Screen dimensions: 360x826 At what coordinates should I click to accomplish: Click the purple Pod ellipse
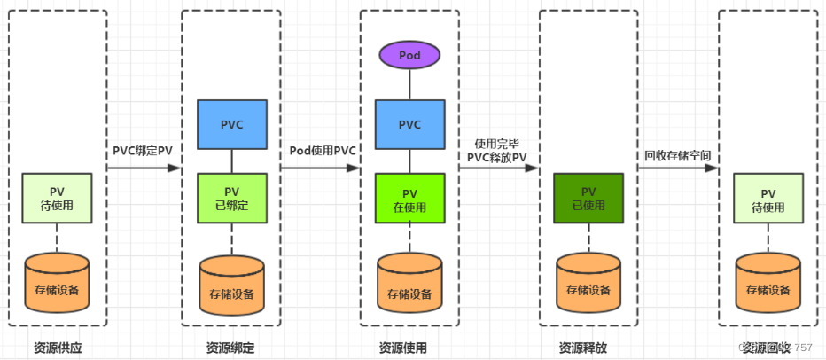pos(409,55)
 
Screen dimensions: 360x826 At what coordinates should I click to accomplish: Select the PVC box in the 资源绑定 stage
pos(231,123)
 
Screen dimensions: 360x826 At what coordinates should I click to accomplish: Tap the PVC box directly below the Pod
pos(409,123)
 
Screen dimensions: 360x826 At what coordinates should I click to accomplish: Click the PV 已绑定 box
pos(231,198)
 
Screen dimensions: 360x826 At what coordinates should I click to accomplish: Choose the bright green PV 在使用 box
pos(409,199)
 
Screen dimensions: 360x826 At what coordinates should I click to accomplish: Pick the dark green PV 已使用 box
pos(588,198)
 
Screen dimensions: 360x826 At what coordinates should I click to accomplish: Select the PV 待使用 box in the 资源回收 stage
pos(768,198)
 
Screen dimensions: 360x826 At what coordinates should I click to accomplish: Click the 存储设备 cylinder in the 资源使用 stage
pos(409,284)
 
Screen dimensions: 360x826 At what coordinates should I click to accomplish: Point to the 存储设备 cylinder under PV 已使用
pos(588,284)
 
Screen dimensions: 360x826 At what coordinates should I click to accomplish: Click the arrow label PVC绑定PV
pos(143,150)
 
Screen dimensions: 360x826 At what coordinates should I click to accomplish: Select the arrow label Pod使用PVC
pos(323,150)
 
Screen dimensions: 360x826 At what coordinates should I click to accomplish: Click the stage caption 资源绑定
pos(231,348)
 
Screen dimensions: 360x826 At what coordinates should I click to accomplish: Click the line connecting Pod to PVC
pos(409,85)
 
